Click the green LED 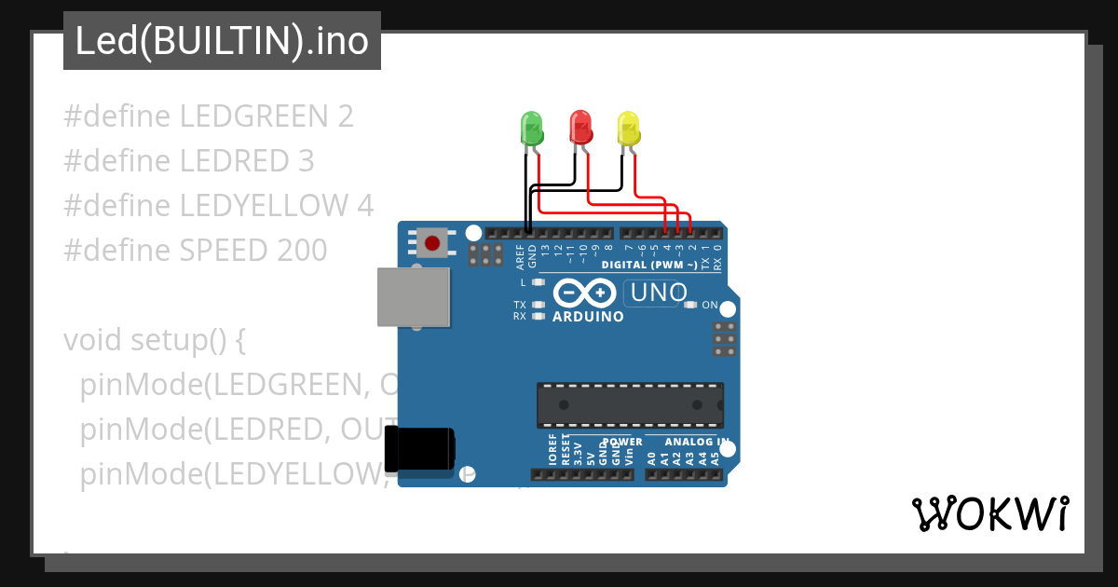point(531,129)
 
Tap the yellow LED point(629,129)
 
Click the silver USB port point(413,297)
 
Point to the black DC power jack point(420,448)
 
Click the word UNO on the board point(659,293)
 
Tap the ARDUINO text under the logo point(588,317)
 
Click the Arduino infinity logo point(583,293)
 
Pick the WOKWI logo point(989,513)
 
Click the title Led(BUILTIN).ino point(222,41)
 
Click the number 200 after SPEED point(302,250)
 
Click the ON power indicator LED point(690,305)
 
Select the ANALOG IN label point(696,442)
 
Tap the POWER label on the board point(622,442)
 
